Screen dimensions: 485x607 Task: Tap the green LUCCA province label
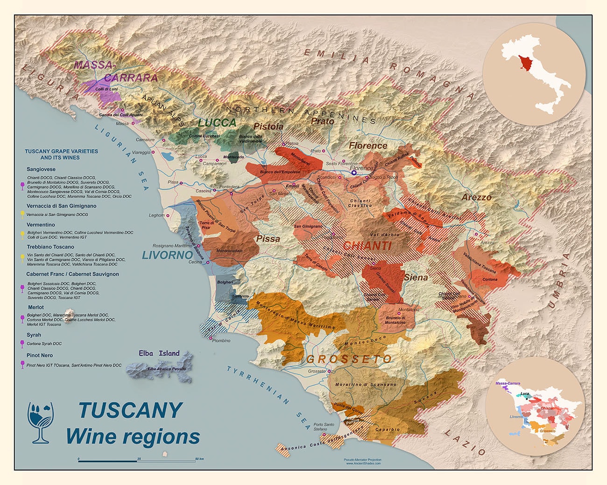point(217,123)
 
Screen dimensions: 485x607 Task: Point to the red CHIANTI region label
point(367,246)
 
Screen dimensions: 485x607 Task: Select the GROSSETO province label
point(349,359)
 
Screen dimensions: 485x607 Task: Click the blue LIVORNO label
point(167,255)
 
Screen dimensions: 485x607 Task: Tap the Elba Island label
point(159,353)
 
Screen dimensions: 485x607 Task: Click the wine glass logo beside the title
point(41,422)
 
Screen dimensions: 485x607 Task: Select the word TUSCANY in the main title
point(130,410)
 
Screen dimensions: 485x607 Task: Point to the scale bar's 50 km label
point(198,459)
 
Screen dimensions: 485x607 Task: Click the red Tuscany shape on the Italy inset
point(525,62)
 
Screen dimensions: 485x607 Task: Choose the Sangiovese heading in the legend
point(41,169)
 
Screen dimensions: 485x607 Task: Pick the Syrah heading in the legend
point(34,335)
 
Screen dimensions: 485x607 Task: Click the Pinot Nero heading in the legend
point(39,355)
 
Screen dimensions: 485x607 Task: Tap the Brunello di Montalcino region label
point(395,320)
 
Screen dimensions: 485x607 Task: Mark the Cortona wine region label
point(490,279)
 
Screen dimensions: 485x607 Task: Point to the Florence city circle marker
point(353,172)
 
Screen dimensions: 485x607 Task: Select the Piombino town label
point(221,340)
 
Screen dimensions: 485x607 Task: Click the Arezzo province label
point(476,197)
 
